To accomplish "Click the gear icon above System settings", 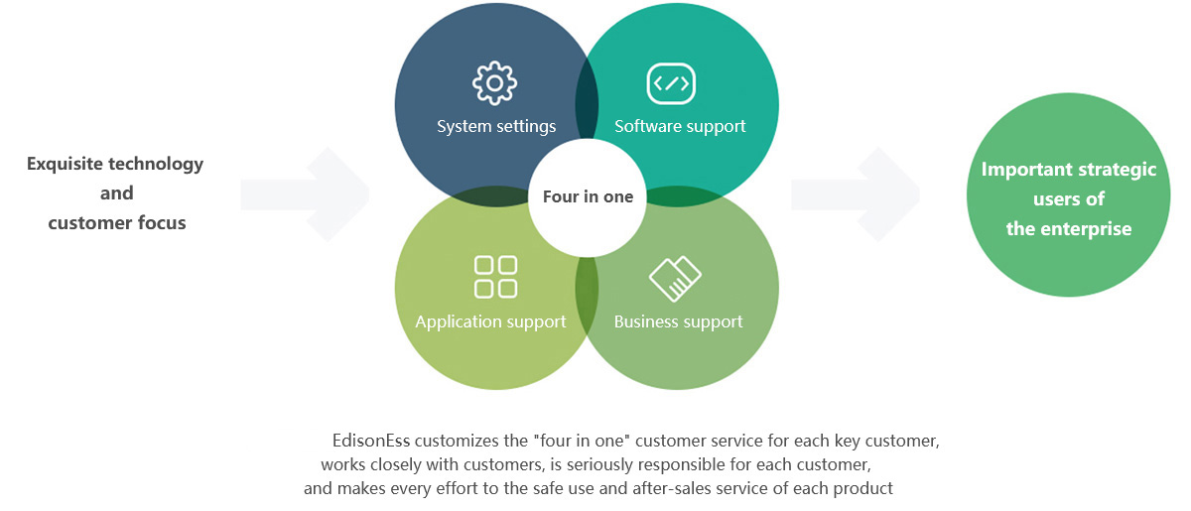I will tap(494, 84).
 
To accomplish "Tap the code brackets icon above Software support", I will tap(671, 83).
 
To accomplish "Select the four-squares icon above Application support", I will tap(495, 277).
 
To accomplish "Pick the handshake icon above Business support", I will tap(675, 279).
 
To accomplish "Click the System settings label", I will tap(496, 126).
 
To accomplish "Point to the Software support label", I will tap(680, 126).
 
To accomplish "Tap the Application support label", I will tap(490, 321).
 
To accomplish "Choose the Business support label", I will tap(678, 321).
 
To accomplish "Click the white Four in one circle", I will tap(588, 196).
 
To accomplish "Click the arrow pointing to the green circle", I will tap(856, 194).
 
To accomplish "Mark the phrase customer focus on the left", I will tap(117, 222).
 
